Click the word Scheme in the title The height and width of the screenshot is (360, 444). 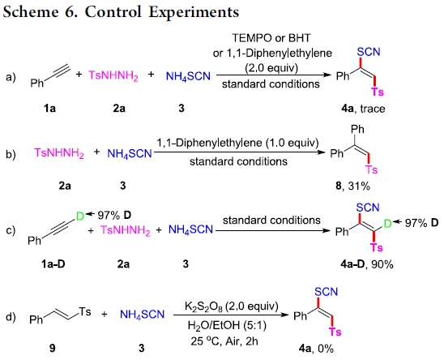(30, 12)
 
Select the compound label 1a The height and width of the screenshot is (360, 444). (49, 109)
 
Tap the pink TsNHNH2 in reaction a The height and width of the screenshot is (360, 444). (113, 75)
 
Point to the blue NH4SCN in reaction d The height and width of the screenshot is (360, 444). (142, 315)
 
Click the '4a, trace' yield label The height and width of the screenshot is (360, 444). (363, 109)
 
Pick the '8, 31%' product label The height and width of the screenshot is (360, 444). (352, 186)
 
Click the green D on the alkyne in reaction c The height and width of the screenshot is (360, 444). (80, 216)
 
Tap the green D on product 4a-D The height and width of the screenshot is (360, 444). (387, 224)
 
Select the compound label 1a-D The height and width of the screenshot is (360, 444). (53, 264)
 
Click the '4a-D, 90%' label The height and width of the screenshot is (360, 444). (367, 264)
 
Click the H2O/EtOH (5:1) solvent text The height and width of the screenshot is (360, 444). (227, 325)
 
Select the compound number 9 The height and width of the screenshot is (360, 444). (53, 348)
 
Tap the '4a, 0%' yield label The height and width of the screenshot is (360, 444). (316, 348)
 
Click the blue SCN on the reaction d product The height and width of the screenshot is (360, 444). (327, 292)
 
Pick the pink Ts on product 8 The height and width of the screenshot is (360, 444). (372, 169)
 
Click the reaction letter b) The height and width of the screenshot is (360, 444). (11, 155)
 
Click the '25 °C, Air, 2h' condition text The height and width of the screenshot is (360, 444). (224, 341)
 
